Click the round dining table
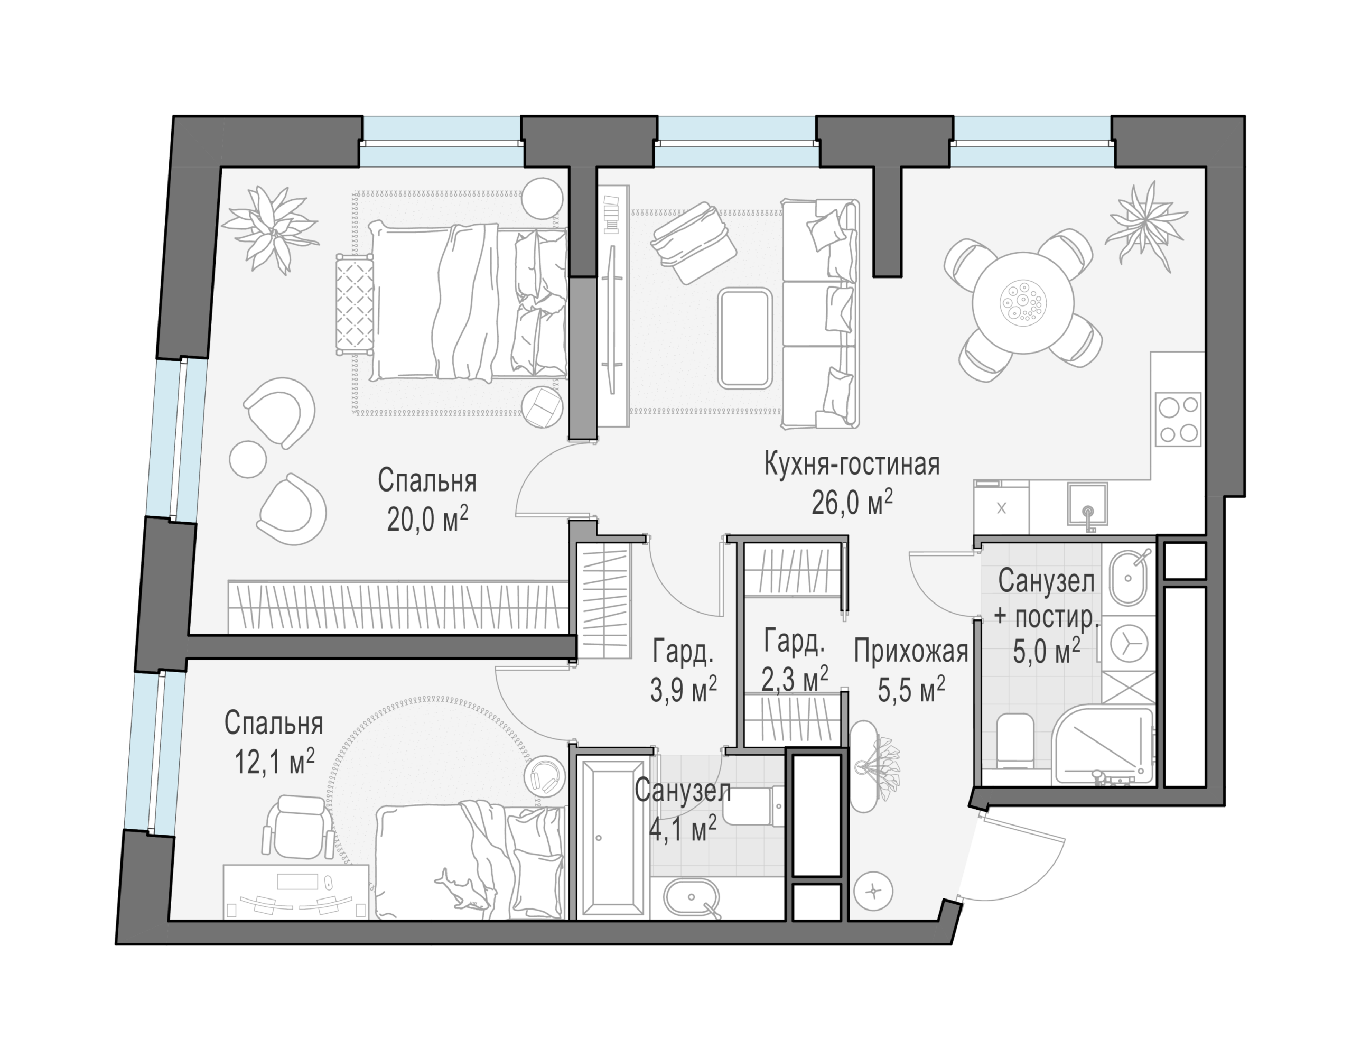point(1023,303)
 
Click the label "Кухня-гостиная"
point(852,465)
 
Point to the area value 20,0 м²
point(427,518)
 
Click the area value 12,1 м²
point(274,761)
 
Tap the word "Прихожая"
point(911,651)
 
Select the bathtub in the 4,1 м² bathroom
point(611,838)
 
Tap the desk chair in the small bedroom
point(296,826)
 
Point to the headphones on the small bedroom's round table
point(546,776)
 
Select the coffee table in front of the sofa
point(744,338)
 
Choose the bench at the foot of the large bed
point(355,303)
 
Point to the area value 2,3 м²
point(795,679)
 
